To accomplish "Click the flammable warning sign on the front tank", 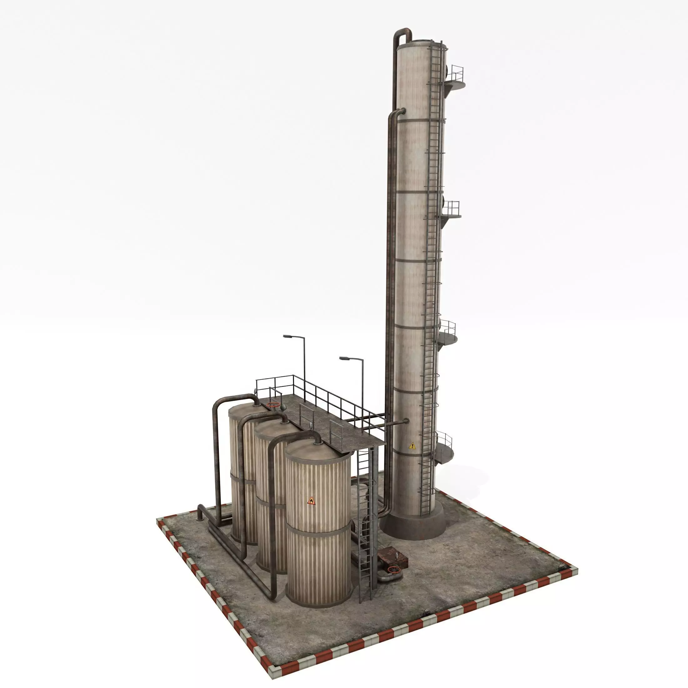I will (311, 501).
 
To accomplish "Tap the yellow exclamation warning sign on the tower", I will (412, 446).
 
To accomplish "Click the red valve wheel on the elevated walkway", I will (273, 405).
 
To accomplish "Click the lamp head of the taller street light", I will (287, 336).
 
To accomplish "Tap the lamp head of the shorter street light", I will (344, 358).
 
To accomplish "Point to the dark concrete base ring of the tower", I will (413, 527).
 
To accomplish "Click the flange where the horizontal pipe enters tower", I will (405, 421).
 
